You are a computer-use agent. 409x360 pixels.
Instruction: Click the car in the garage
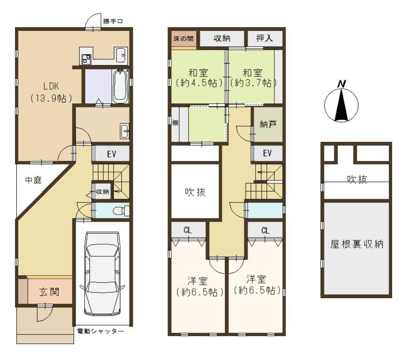(x=103, y=274)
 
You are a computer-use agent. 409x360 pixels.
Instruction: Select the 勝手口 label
(x=113, y=21)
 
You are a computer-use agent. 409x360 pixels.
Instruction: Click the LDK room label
(x=51, y=92)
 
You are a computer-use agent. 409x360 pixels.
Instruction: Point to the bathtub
(x=120, y=86)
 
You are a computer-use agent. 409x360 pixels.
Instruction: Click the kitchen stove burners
(x=86, y=59)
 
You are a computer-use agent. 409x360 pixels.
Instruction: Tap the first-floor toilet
(x=121, y=210)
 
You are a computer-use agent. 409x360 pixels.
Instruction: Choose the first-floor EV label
(x=112, y=154)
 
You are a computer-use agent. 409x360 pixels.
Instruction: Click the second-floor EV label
(x=267, y=153)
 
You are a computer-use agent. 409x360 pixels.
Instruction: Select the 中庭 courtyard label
(x=33, y=180)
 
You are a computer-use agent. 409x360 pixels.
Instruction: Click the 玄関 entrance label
(x=49, y=292)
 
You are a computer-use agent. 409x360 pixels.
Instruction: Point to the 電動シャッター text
(x=100, y=331)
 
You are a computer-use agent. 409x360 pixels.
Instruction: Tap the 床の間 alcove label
(x=183, y=38)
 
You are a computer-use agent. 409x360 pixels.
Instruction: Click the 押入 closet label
(x=265, y=38)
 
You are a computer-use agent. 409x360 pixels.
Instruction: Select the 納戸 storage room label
(x=268, y=124)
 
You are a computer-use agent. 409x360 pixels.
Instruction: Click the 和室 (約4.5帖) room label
(x=199, y=77)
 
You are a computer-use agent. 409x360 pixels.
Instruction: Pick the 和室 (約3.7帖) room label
(x=252, y=77)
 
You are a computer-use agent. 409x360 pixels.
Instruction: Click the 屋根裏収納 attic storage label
(x=356, y=244)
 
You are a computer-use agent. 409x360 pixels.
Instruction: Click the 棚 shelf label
(x=175, y=122)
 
